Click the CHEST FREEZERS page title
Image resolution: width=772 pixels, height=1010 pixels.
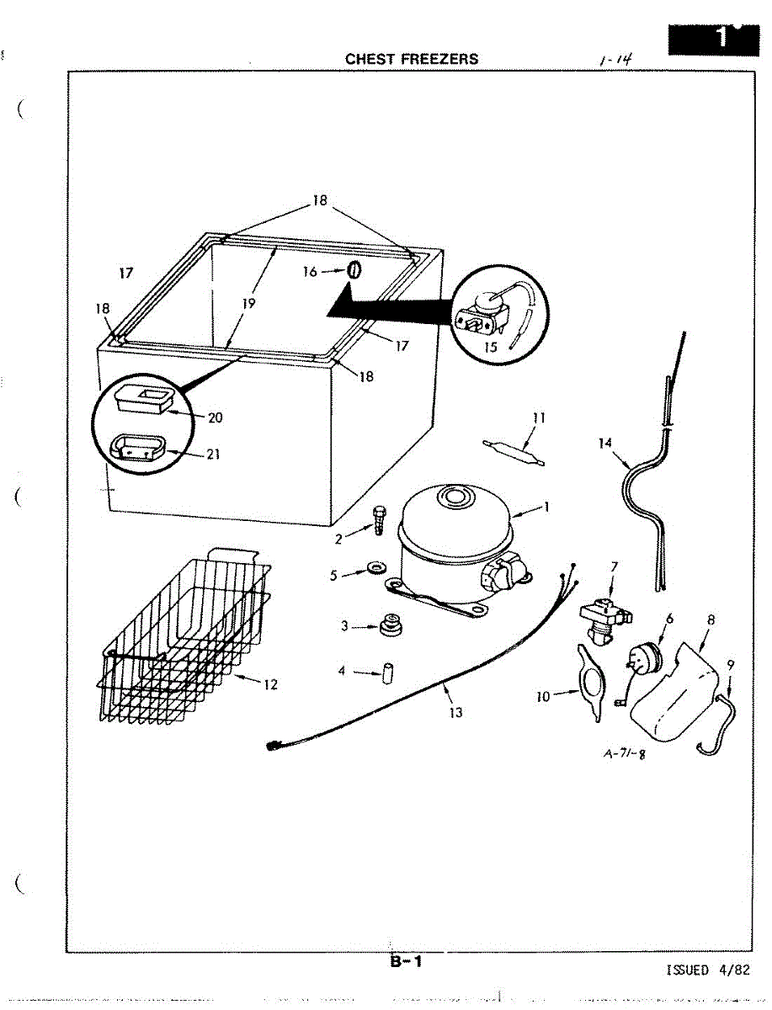pyautogui.click(x=412, y=59)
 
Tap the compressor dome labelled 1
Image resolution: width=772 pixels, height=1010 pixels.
pyautogui.click(x=455, y=513)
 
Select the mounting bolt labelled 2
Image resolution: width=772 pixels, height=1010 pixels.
pyautogui.click(x=378, y=521)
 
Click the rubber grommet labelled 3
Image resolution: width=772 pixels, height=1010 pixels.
pyautogui.click(x=388, y=625)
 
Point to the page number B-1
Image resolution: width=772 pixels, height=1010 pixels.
pyautogui.click(x=405, y=961)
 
